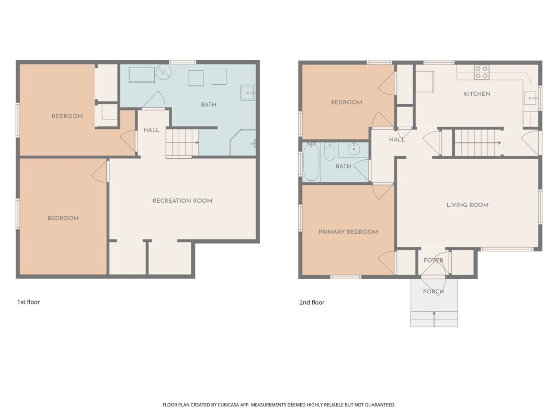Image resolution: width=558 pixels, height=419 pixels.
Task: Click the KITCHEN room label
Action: [x=477, y=94]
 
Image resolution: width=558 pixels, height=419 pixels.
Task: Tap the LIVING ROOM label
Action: [x=467, y=205]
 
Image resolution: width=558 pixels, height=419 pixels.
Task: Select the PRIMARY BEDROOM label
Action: [x=348, y=232]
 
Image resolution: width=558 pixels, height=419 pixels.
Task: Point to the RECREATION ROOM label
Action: [x=183, y=201]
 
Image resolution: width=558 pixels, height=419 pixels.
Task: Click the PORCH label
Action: [x=433, y=291]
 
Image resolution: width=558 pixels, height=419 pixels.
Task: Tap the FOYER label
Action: [x=433, y=260]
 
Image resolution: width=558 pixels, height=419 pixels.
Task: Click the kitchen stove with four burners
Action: [x=482, y=72]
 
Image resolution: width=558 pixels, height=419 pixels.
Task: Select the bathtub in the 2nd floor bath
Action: [x=311, y=162]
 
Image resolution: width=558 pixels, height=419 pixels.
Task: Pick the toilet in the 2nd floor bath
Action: [x=329, y=151]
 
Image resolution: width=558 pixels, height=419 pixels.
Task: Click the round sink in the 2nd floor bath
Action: [x=354, y=149]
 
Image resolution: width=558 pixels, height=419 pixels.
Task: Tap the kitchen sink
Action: [x=530, y=98]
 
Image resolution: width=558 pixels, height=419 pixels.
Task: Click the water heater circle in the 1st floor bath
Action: [x=164, y=72]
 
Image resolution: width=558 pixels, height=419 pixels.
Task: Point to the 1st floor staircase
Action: [x=182, y=142]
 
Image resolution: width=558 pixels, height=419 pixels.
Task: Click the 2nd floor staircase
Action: [x=479, y=143]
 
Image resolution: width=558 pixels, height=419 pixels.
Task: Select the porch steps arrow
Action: [x=434, y=319]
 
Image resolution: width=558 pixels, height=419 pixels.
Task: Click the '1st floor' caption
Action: [x=28, y=302]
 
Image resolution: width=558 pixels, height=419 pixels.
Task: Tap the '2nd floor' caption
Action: [x=312, y=303]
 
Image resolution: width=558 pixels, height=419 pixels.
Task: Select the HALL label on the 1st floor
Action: [x=151, y=130]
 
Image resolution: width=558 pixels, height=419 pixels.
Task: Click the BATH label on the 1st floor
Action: [x=209, y=105]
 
